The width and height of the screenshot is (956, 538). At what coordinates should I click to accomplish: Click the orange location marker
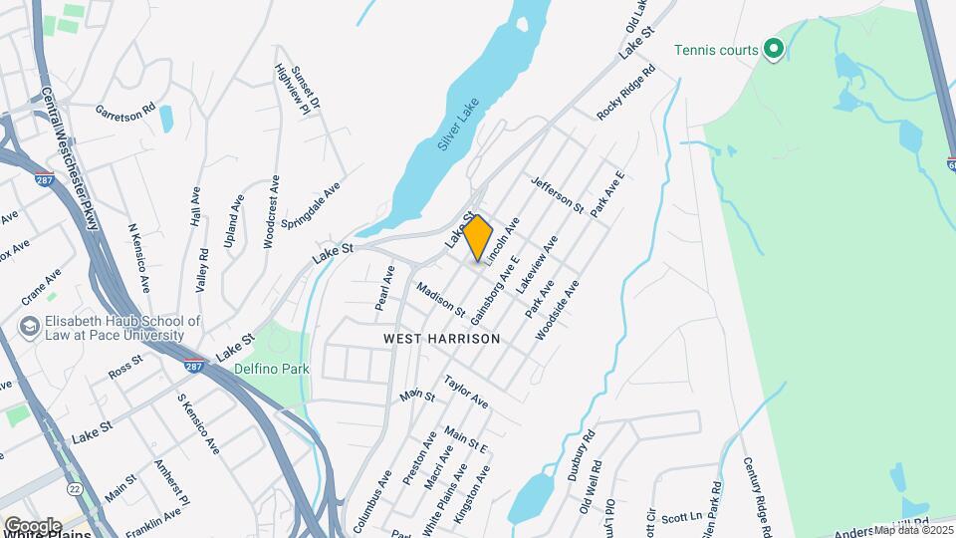(x=478, y=237)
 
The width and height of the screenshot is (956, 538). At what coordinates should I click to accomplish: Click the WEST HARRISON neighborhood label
(x=441, y=339)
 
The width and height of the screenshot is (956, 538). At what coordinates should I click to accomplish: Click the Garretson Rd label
(x=126, y=110)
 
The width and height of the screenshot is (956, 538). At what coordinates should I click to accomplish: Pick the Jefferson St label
(x=558, y=194)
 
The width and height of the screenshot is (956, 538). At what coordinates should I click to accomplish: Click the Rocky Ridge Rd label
(x=626, y=93)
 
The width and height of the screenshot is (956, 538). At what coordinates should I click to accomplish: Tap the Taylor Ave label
(x=466, y=392)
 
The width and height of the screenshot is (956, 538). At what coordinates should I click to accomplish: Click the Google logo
(x=32, y=525)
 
